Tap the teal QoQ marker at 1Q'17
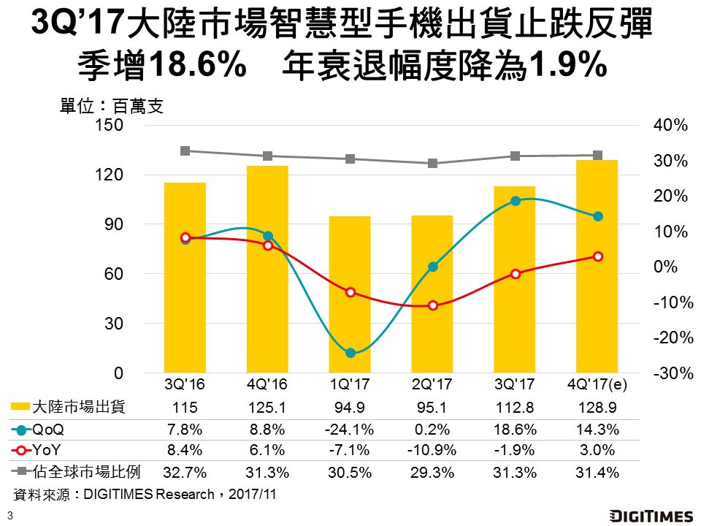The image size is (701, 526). [350, 353]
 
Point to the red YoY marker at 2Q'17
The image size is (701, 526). [432, 305]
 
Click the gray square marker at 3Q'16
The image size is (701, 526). [185, 151]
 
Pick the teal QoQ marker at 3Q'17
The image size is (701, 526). [515, 201]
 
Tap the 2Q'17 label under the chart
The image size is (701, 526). [432, 383]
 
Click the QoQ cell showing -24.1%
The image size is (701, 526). [350, 430]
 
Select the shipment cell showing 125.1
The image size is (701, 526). [268, 408]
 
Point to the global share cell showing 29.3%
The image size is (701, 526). [432, 473]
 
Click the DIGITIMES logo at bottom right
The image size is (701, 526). [651, 516]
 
